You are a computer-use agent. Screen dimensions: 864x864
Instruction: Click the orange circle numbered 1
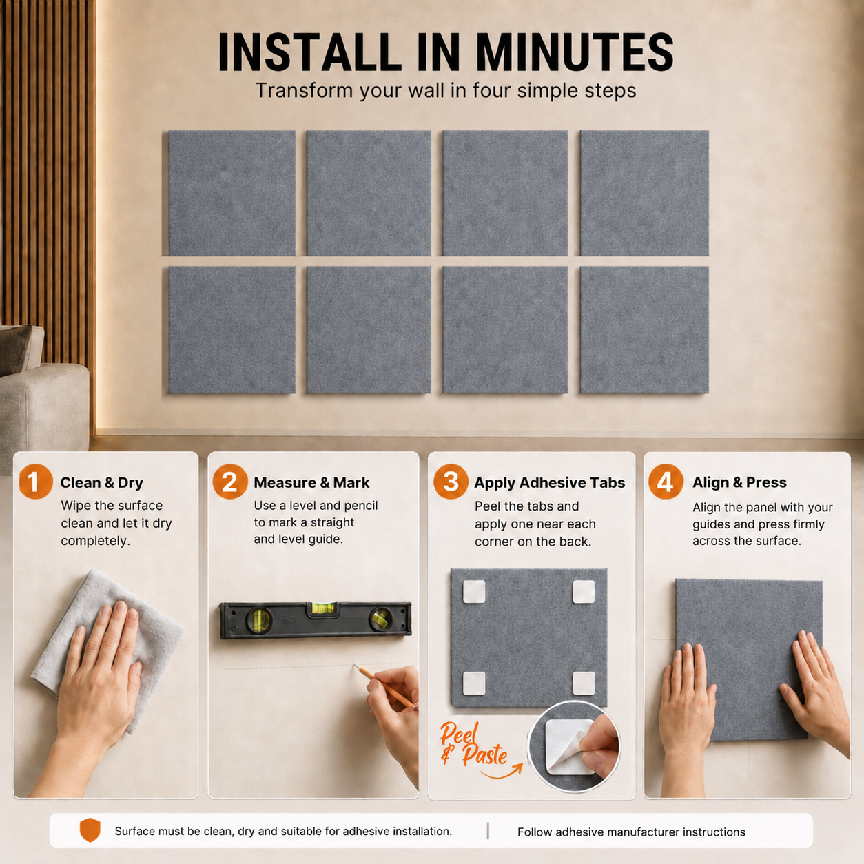coord(36,482)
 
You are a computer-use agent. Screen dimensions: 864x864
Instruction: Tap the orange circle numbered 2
coord(230,482)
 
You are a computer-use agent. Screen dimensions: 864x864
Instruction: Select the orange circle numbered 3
coord(451,482)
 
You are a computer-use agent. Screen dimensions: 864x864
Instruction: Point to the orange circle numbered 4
coord(666,482)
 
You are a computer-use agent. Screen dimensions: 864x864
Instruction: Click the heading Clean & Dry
coord(102,482)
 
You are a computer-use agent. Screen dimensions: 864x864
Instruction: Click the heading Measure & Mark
coord(311,482)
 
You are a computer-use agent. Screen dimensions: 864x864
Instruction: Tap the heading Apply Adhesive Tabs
coord(550,483)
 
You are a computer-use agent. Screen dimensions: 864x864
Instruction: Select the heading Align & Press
coord(739,482)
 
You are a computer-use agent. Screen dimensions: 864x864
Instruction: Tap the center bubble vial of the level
coord(322,608)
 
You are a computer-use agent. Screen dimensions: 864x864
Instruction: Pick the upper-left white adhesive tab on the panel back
coord(474,591)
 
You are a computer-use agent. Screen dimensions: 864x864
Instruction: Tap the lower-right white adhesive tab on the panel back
coord(584,683)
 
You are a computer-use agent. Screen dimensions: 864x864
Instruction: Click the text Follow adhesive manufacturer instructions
coord(631,832)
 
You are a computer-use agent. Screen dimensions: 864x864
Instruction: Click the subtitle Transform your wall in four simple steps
coord(446,91)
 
